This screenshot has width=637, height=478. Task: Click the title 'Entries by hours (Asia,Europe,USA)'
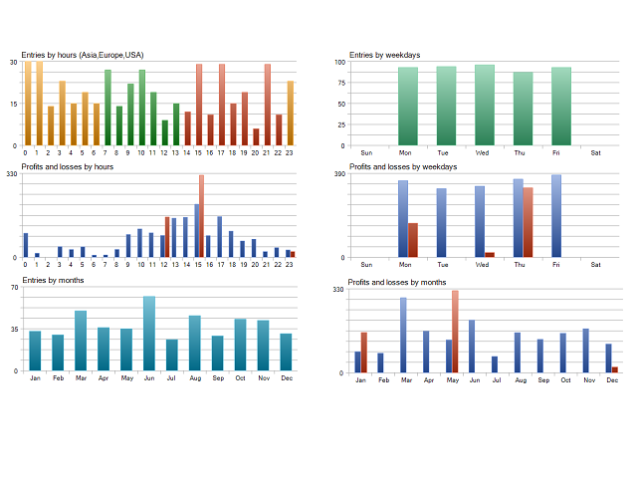tap(83, 55)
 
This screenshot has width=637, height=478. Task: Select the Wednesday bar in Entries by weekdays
tap(485, 105)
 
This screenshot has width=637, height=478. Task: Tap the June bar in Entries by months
tap(149, 334)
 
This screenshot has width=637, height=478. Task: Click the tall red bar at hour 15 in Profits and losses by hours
tap(201, 216)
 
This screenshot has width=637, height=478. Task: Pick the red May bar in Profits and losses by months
tap(455, 332)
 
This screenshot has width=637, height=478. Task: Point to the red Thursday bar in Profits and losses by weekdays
tap(529, 222)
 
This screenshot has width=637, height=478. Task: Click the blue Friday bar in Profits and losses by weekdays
tap(556, 216)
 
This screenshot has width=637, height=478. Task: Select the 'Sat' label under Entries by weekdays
tap(595, 152)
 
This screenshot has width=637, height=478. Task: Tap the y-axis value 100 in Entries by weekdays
tap(339, 62)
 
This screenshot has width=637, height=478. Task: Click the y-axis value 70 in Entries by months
tap(14, 287)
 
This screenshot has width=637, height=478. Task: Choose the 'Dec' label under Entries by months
tap(286, 378)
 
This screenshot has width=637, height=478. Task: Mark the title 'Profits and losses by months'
tap(398, 283)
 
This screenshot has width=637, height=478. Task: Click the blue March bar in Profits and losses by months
tap(403, 335)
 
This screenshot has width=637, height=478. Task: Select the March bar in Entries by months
tap(81, 341)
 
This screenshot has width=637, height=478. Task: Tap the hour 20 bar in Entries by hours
tap(256, 136)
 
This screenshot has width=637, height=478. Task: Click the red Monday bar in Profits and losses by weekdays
tap(413, 240)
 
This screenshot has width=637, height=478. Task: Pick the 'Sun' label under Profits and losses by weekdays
tap(366, 265)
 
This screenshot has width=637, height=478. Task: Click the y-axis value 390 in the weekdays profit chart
tap(339, 174)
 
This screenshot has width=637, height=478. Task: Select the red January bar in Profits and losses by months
tap(364, 353)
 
